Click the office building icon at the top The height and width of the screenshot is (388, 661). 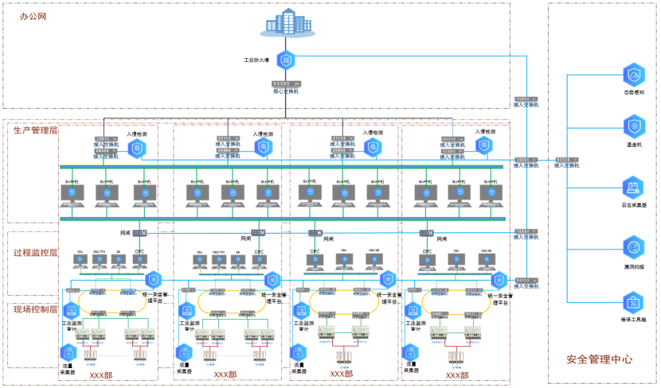tap(287, 26)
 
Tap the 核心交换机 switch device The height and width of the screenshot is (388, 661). tap(285, 84)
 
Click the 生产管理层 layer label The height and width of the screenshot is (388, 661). tap(35, 130)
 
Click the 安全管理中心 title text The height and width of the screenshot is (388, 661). tap(600, 359)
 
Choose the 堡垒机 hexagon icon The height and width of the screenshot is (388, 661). tap(634, 126)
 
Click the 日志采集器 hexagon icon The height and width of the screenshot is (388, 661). tap(634, 187)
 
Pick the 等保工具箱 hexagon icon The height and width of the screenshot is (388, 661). tap(634, 301)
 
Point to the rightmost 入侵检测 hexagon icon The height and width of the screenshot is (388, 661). tap(483, 145)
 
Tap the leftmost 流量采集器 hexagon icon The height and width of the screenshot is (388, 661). tap(68, 352)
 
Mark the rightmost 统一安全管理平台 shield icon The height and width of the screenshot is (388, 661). tap(499, 279)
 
